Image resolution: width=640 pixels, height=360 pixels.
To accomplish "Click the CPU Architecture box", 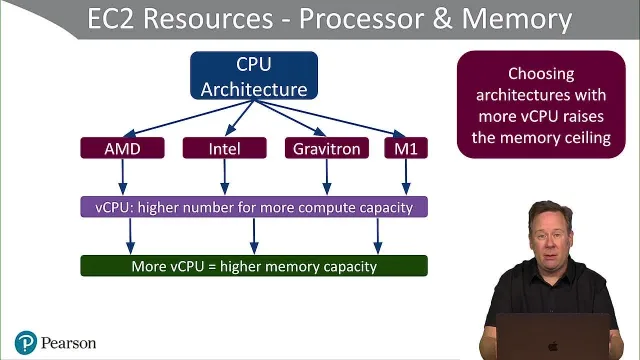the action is (x=254, y=76).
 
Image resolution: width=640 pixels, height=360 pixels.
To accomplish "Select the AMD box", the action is (x=122, y=148).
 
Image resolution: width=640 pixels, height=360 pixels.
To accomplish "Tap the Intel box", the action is (x=224, y=148).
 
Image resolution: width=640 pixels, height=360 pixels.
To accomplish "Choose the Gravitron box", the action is (x=327, y=148).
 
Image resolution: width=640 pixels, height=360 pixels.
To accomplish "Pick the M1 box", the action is (x=406, y=148).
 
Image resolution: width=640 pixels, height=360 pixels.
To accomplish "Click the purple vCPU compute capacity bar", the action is (x=254, y=207).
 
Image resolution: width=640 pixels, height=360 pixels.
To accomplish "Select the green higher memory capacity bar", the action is (x=254, y=266).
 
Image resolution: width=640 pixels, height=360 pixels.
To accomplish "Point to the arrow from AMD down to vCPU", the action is (x=122, y=177).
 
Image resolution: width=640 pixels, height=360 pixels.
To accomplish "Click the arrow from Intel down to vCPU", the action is (x=224, y=177).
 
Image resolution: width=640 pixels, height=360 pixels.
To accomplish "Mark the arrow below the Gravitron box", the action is (x=327, y=177).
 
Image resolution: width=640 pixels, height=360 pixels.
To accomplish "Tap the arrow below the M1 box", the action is (x=406, y=177).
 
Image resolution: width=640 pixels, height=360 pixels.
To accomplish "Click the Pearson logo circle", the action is (x=26, y=342).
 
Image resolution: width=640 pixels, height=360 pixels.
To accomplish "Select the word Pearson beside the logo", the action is (x=69, y=343).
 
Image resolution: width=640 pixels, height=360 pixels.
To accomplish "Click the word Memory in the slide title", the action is (x=517, y=19).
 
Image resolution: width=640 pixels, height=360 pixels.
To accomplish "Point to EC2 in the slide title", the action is (x=111, y=19).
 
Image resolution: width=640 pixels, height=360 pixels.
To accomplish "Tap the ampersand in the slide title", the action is (x=442, y=19).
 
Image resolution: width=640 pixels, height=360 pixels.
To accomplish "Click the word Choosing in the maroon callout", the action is (x=541, y=74).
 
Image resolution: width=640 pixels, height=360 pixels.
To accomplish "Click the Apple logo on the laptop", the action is (x=553, y=346).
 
